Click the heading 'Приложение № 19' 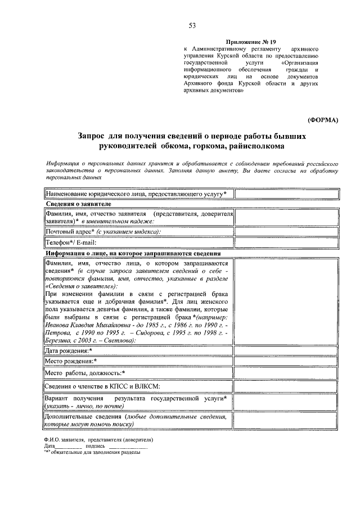click(251, 42)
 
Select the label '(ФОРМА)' click(323, 120)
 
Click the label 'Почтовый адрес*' click(68, 232)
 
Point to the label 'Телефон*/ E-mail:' click(71, 242)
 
